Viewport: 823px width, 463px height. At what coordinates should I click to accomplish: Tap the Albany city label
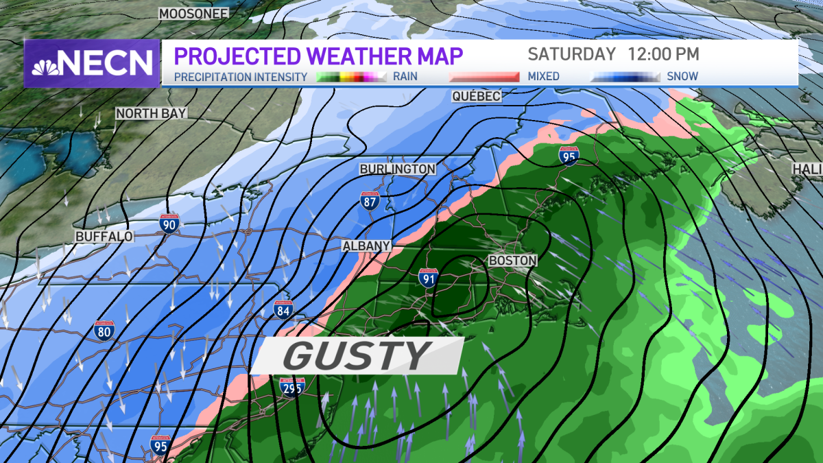point(367,246)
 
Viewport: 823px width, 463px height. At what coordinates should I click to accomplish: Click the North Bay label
point(151,113)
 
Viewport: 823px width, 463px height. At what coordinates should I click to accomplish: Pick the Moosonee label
point(193,14)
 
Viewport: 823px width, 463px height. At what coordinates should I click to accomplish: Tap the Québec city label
point(476,96)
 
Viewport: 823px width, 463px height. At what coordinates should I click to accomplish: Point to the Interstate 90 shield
point(170,223)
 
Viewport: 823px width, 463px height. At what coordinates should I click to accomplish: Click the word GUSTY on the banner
point(356,355)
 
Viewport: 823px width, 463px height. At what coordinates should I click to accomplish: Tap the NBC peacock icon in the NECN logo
point(45,64)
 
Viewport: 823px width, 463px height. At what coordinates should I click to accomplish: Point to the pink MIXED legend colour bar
point(484,77)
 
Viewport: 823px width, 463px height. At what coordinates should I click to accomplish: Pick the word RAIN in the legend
point(405,77)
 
